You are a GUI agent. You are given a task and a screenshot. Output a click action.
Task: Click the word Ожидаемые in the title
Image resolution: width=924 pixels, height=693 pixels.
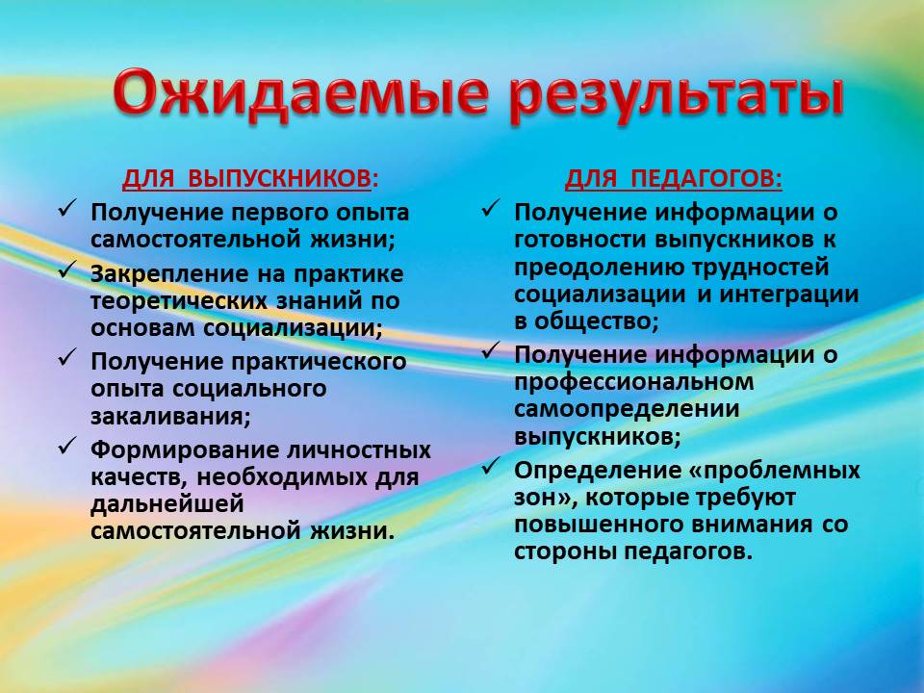[300, 94]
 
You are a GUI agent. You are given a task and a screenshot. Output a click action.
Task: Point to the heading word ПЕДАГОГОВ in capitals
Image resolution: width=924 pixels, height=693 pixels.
[706, 179]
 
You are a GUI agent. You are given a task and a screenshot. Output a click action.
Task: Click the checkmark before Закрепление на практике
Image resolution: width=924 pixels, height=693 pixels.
[67, 270]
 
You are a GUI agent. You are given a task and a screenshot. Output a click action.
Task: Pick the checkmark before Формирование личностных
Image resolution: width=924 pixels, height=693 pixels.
[67, 446]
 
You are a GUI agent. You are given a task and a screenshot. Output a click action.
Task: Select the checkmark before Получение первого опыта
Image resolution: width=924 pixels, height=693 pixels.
[67, 209]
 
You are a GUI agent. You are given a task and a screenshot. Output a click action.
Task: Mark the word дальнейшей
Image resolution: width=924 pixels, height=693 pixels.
[167, 504]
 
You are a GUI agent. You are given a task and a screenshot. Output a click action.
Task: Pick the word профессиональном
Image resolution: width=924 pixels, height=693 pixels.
[634, 382]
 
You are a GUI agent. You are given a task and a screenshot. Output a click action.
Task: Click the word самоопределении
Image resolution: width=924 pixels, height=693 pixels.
[627, 410]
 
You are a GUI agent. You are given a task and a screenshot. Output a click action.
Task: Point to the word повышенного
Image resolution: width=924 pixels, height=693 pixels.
[598, 525]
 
